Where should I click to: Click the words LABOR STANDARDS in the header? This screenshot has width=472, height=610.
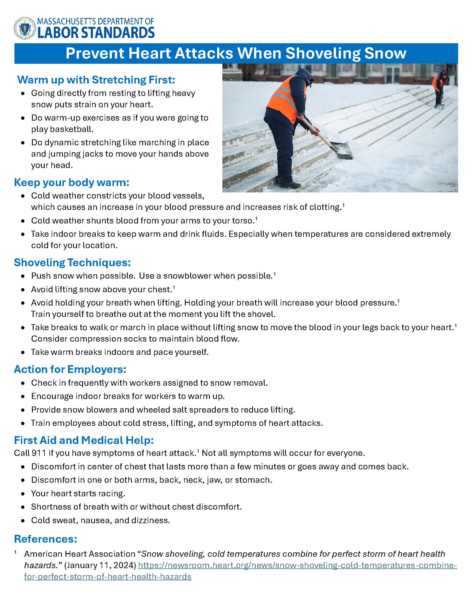(96, 32)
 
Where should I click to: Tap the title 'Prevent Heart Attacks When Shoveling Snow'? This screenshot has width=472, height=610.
(236, 53)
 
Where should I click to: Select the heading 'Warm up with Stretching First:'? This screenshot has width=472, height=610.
(96, 80)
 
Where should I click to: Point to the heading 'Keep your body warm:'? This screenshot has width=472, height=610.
(72, 182)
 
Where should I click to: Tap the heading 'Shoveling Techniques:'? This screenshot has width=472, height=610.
(72, 262)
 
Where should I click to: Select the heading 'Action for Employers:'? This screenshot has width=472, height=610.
(70, 369)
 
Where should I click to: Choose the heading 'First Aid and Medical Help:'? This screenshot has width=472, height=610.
(84, 440)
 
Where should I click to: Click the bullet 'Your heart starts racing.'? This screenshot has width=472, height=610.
(78, 493)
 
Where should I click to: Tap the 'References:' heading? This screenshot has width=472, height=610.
(46, 539)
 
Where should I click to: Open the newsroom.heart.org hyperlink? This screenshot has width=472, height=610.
(298, 565)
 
